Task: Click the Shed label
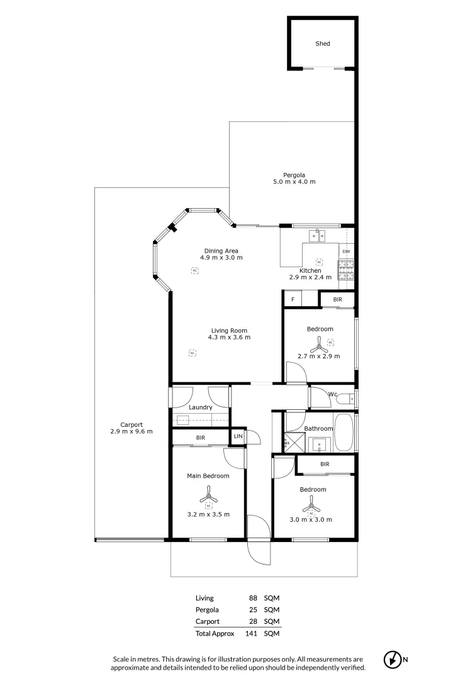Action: (x=322, y=44)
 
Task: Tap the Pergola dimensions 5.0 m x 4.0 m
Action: (x=290, y=182)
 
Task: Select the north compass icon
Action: (x=392, y=660)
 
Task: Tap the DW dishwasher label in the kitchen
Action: (x=346, y=251)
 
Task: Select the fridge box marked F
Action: (x=293, y=299)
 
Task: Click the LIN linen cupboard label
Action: (x=238, y=436)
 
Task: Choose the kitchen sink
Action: (x=316, y=236)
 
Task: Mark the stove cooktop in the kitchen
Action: (x=346, y=270)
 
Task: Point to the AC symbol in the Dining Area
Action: (x=195, y=270)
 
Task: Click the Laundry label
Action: (x=200, y=407)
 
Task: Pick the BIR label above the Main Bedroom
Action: (x=200, y=437)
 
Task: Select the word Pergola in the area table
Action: (x=207, y=609)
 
